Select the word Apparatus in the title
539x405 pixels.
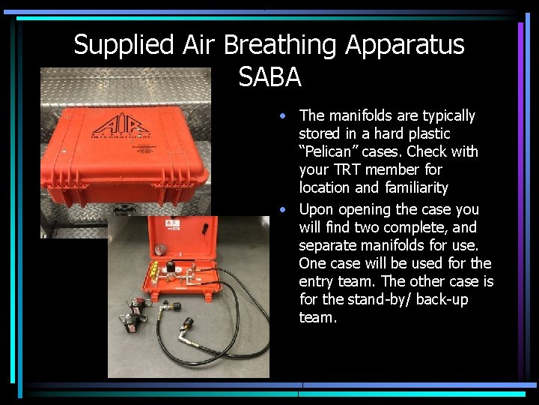point(404,45)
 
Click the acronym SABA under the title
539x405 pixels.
point(269,76)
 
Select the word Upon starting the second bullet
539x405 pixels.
point(314,209)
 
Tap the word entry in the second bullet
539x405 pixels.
point(316,281)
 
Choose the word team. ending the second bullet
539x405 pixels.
point(317,317)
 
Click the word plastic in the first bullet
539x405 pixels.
point(429,133)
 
